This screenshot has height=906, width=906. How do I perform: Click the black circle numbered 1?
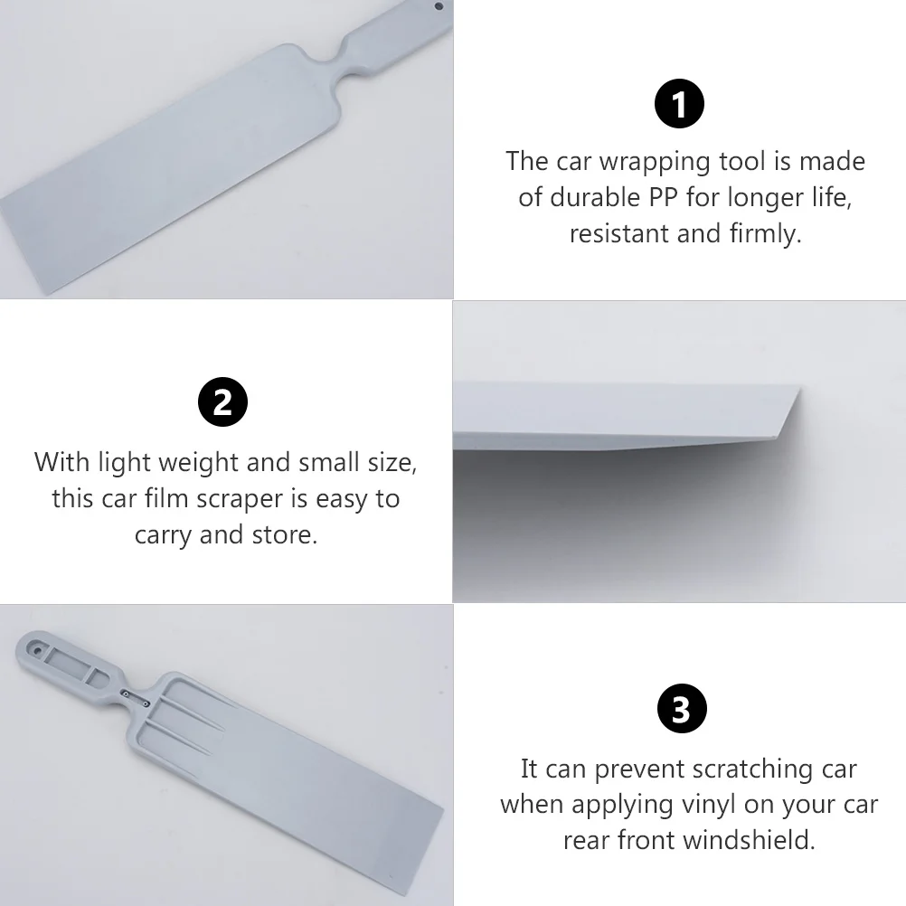679,106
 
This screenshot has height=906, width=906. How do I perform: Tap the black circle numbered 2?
222,402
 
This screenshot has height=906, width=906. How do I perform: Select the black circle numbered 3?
680,709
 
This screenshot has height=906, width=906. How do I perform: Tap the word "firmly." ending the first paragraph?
765,233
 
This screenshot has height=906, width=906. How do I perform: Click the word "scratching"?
751,769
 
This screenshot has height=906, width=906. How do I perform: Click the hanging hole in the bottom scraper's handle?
36,648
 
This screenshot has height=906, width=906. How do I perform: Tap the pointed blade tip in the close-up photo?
798,390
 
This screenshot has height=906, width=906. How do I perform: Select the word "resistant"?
619,233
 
